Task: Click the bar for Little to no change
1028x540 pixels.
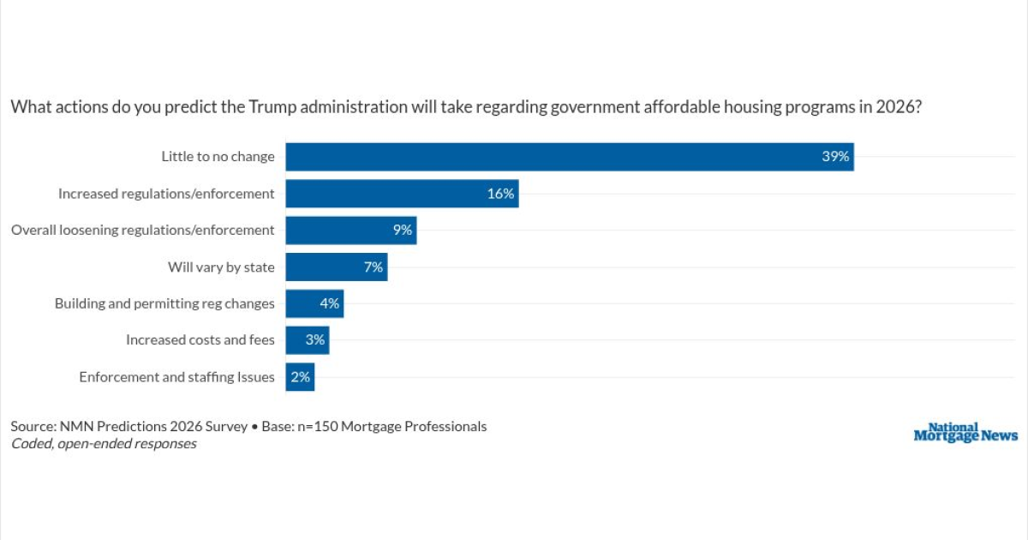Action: [570, 157]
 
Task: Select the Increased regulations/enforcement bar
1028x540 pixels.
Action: [402, 194]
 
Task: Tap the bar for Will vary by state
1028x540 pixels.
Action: [337, 267]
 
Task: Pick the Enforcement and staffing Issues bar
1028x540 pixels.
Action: [300, 377]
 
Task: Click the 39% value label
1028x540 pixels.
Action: [835, 157]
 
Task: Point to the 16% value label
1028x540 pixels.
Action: [500, 194]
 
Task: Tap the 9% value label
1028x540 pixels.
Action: [403, 230]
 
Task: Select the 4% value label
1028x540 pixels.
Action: [330, 303]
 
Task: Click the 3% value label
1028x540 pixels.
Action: [315, 339]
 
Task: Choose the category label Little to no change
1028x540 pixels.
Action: [218, 157]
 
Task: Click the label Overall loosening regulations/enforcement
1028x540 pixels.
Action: [143, 230]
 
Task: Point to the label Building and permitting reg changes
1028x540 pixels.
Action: [164, 303]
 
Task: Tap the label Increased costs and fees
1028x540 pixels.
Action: [200, 339]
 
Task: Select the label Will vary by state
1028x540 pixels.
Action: [221, 267]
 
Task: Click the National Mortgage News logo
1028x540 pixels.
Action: [965, 432]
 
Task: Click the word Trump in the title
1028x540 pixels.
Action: [272, 107]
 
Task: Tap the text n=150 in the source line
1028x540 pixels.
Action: [318, 427]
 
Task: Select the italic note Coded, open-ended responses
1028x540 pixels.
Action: [104, 444]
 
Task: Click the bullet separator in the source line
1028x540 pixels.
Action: [254, 427]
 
